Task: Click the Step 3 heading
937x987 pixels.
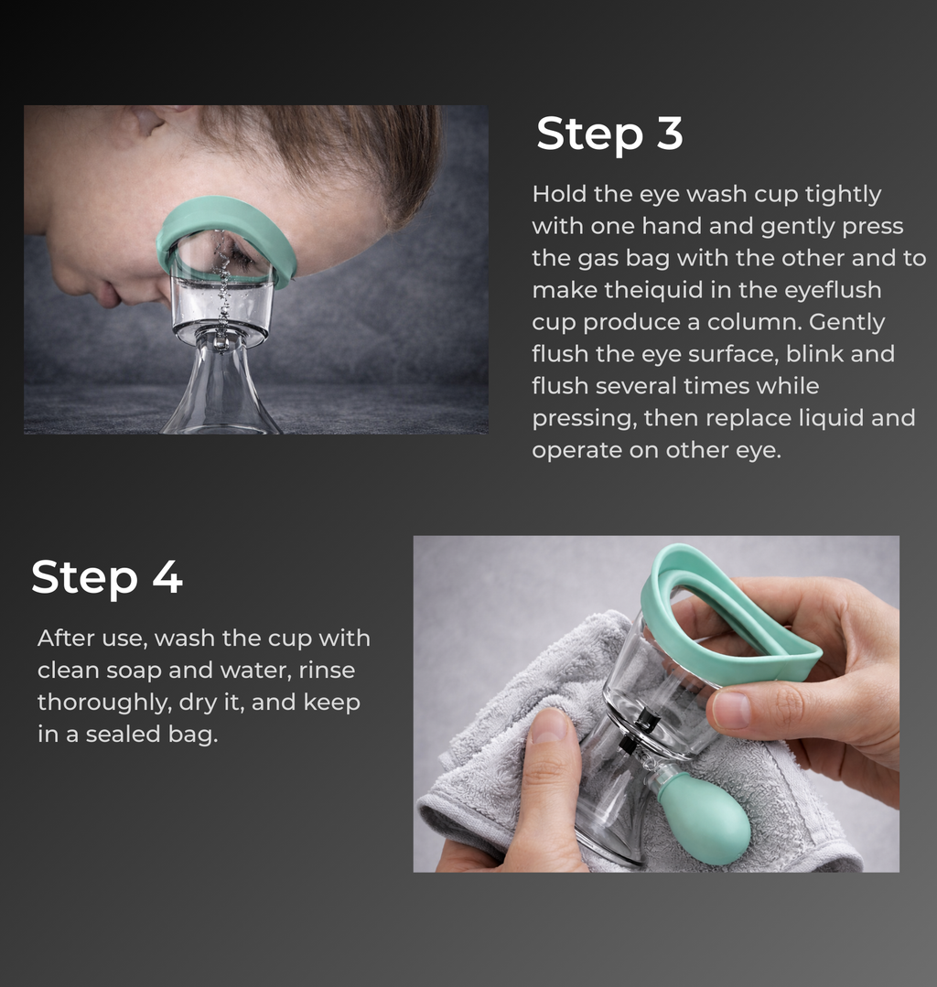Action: pos(609,134)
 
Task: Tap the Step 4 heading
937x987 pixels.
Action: pos(107,577)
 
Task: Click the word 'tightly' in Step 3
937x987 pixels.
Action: pos(843,194)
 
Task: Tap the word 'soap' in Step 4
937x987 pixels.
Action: pos(134,671)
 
